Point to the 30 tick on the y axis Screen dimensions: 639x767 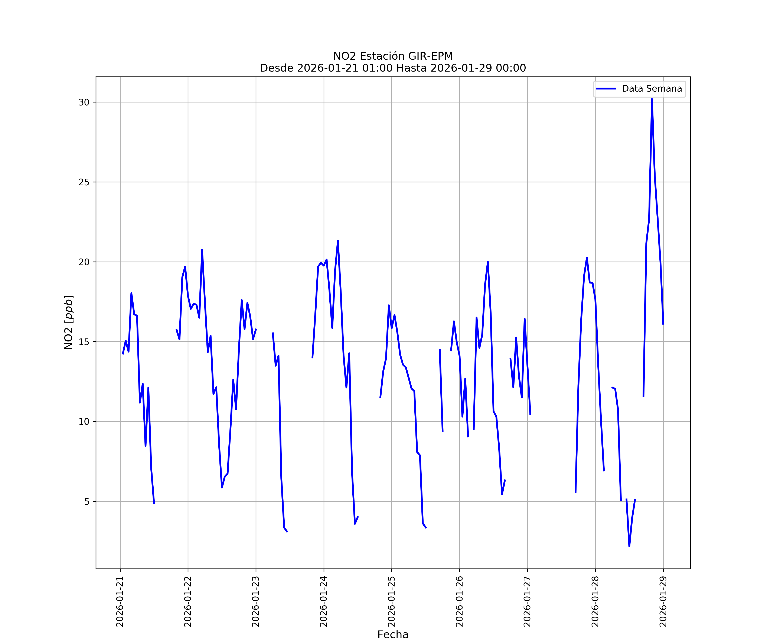click(x=84, y=102)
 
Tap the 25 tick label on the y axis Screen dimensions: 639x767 click(x=84, y=182)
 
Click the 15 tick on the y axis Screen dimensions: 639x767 click(x=84, y=342)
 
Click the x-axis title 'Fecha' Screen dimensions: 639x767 click(x=393, y=635)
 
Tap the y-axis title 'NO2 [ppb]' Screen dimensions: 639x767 click(x=69, y=322)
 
